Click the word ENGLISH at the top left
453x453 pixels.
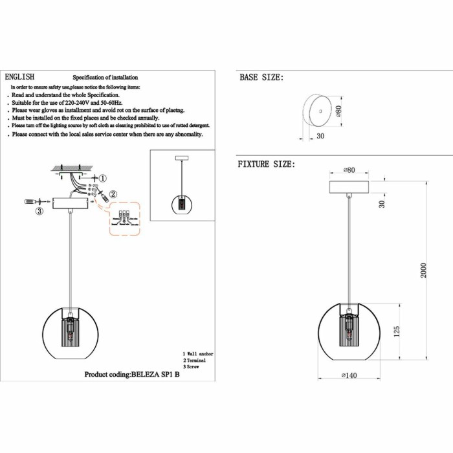click(x=19, y=76)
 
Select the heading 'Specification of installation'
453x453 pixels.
click(x=104, y=77)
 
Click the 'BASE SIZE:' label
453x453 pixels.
click(x=261, y=78)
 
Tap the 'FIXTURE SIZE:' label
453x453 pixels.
click(x=266, y=164)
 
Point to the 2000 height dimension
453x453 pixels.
click(x=424, y=271)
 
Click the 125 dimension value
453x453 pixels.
click(x=397, y=331)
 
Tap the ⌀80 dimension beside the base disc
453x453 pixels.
click(x=338, y=111)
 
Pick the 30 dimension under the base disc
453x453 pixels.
click(x=320, y=137)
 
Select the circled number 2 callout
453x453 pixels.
click(x=113, y=193)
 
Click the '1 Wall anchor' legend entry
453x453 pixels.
click(x=198, y=354)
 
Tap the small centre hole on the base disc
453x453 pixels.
click(x=319, y=113)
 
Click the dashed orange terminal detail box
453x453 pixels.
click(x=124, y=219)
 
